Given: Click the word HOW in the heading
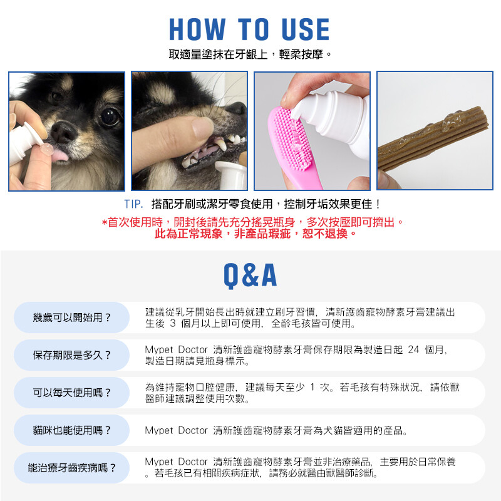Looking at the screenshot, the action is pos(197,29).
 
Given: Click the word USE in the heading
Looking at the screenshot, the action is pos(306,29).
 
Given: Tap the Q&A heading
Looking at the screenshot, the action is pos(250,275).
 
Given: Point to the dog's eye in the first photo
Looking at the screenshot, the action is pos(110,116).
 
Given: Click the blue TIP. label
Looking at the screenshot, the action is pos(133,204).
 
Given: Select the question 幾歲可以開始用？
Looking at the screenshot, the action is pos(71,318).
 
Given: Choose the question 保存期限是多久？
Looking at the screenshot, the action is pos(71,355).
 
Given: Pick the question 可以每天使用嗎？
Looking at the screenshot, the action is pos(71,393).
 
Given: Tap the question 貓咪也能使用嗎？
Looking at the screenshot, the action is pos(71,430).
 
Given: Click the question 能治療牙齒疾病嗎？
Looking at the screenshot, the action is pos(71,468).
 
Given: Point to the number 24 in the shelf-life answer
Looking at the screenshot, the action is pos(413,349).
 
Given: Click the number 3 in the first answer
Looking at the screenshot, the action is pos(173,323).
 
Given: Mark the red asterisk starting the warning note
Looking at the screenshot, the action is pos(105,222).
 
